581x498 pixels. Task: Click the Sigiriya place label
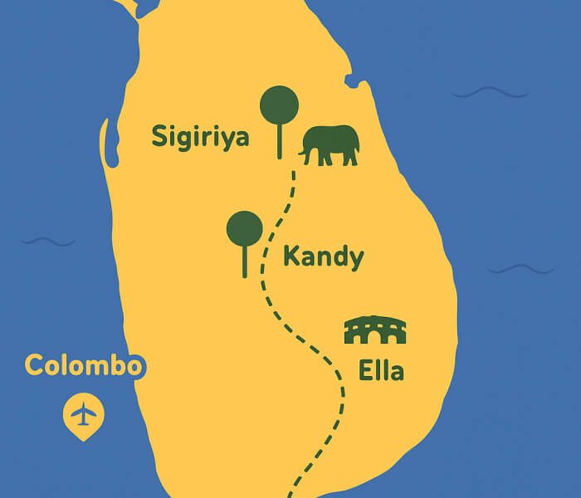pyautogui.click(x=200, y=137)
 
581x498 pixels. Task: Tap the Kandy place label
pyautogui.click(x=323, y=256)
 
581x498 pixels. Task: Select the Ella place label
pyautogui.click(x=381, y=370)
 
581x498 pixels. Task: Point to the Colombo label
pyautogui.click(x=85, y=365)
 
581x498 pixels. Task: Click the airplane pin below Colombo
pyautogui.click(x=83, y=413)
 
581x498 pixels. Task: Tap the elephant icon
pyautogui.click(x=332, y=145)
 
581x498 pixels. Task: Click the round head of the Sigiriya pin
pyautogui.click(x=279, y=105)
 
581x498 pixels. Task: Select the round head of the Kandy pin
pyautogui.click(x=244, y=228)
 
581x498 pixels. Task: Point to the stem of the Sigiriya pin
pyautogui.click(x=279, y=141)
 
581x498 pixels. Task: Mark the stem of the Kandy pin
pyautogui.click(x=244, y=261)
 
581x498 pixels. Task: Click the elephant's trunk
pyautogui.click(x=305, y=152)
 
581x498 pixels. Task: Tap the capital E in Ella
pyautogui.click(x=366, y=370)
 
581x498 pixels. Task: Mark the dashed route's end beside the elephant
pyautogui.click(x=292, y=173)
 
